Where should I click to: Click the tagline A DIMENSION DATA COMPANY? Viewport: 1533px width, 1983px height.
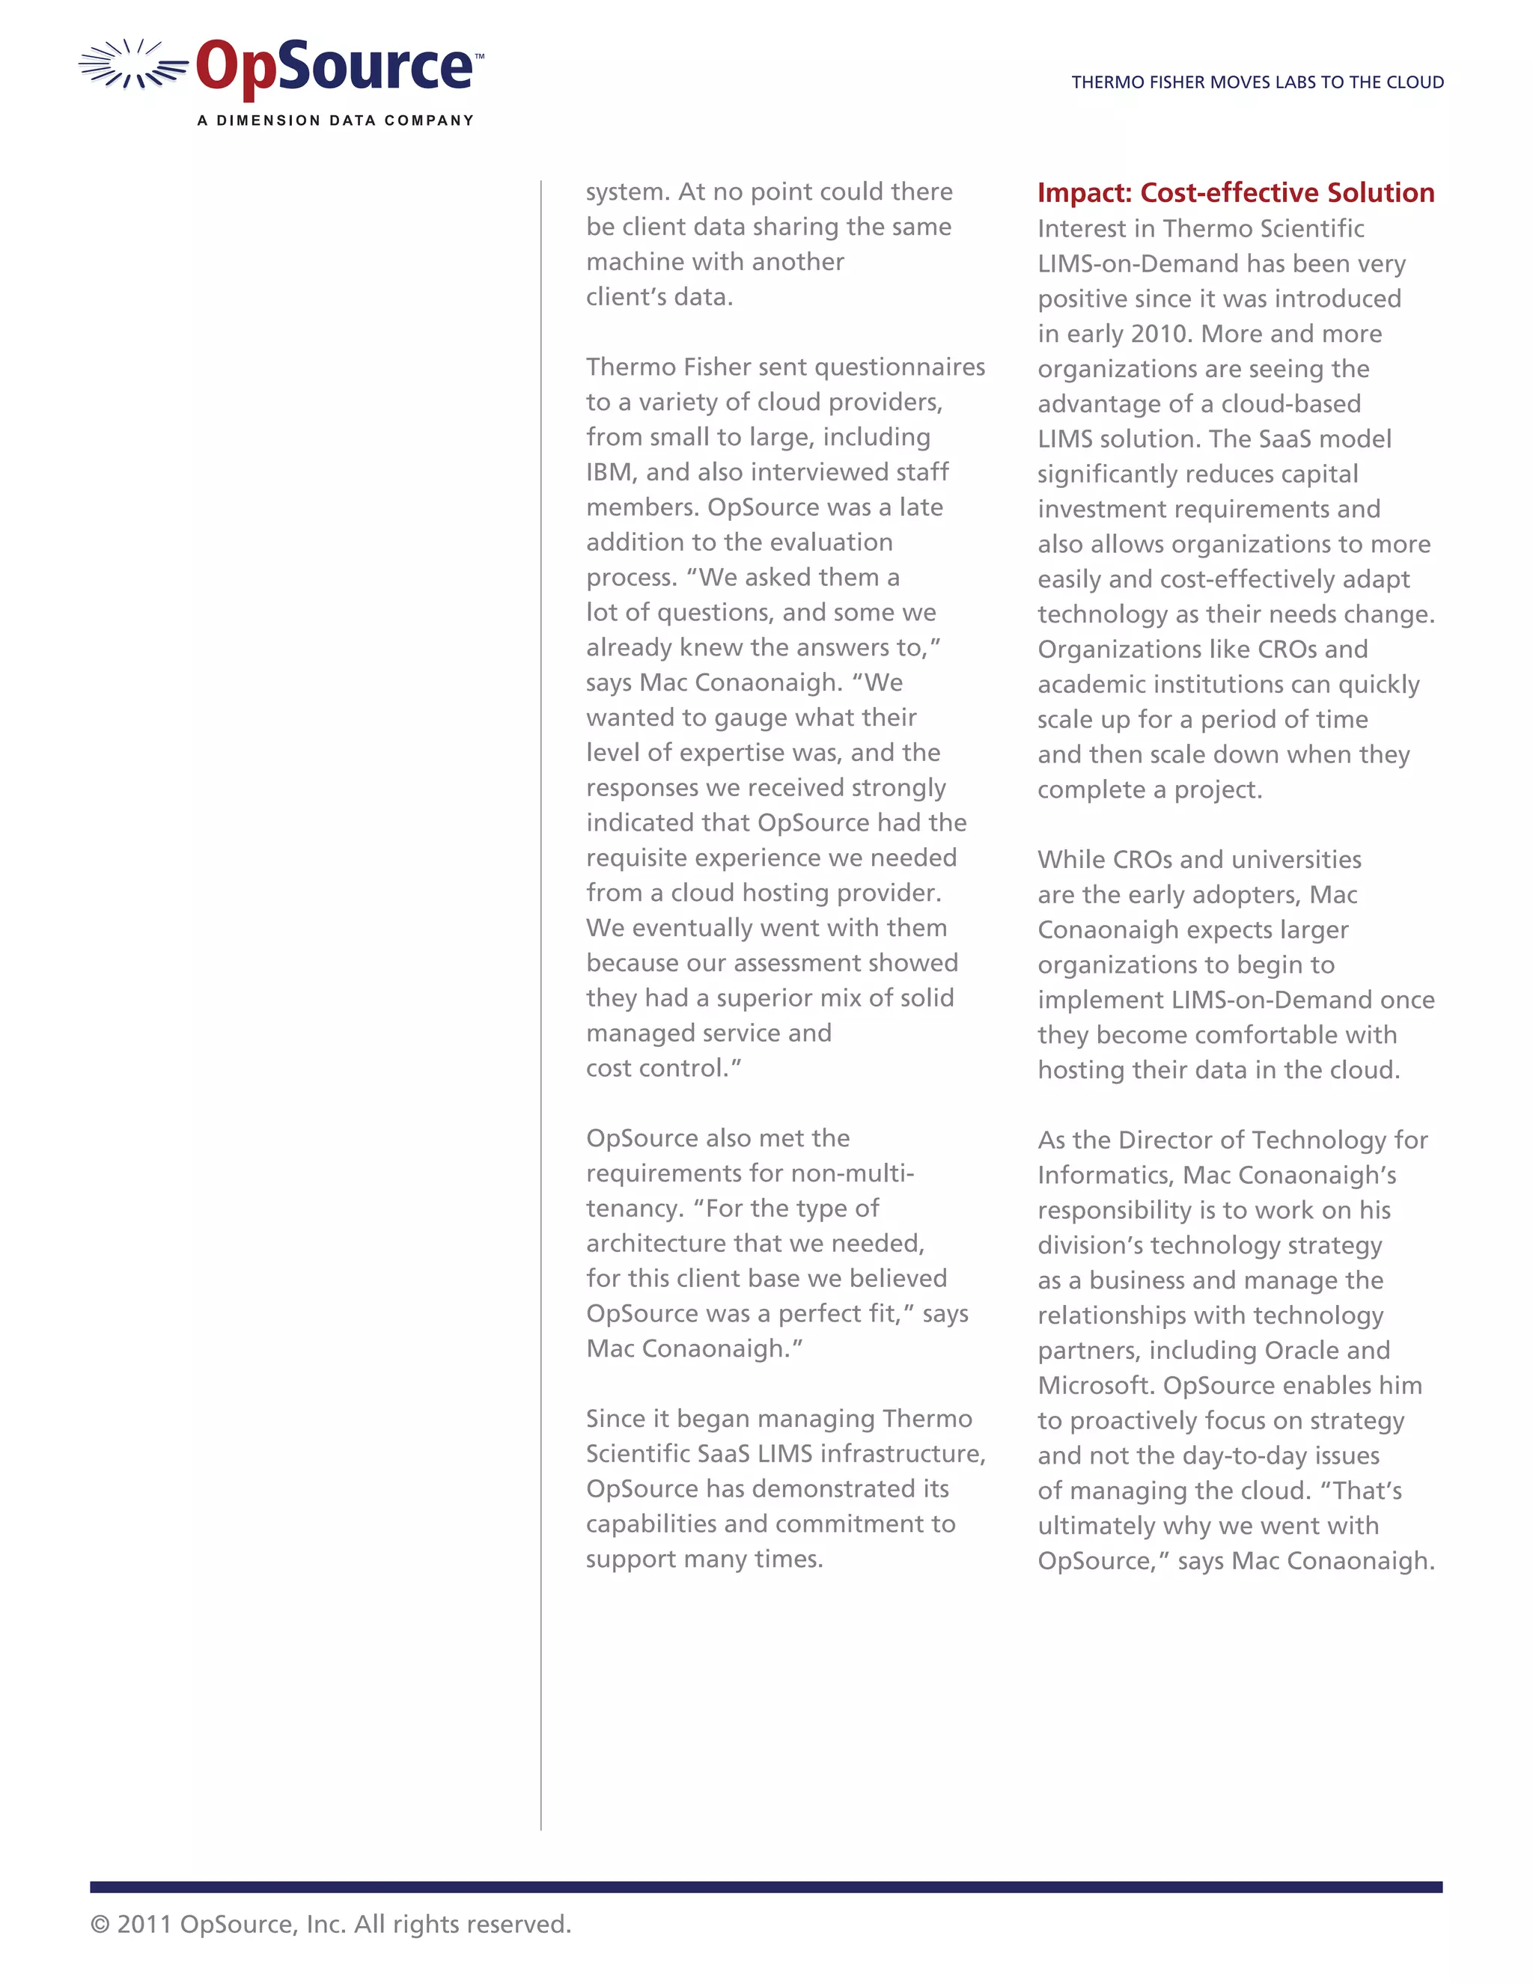click(x=335, y=120)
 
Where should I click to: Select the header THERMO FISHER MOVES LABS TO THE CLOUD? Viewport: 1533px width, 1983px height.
click(x=1257, y=82)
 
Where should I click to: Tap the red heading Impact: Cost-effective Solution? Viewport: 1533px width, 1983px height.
click(x=1235, y=192)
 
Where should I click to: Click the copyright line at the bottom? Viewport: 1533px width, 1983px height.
click(x=331, y=1924)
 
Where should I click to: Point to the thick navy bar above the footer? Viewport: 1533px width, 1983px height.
click(x=766, y=1886)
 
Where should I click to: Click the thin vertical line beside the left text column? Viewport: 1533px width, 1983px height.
click(x=541, y=999)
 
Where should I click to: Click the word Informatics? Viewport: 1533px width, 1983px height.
click(x=1104, y=1175)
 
